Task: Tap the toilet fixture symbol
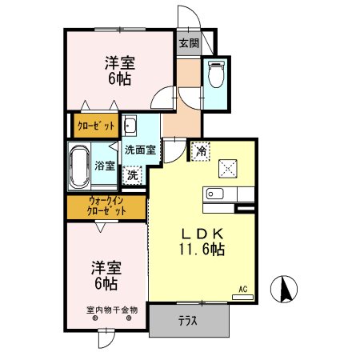(215, 74)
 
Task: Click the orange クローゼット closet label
(96, 126)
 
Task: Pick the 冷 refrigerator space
(200, 149)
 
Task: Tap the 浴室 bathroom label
(105, 166)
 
